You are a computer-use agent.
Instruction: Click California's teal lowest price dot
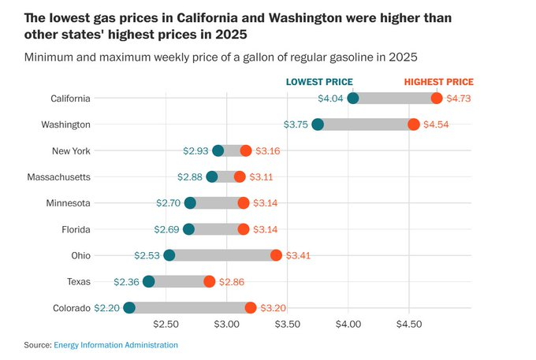(353, 98)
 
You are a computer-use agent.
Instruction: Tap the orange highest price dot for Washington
(414, 124)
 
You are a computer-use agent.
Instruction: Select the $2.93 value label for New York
(195, 150)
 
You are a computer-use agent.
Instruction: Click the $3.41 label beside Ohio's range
(299, 256)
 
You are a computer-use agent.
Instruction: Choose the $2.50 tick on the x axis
(166, 324)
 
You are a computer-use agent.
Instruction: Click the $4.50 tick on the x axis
(408, 324)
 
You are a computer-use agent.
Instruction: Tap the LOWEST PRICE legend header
(318, 82)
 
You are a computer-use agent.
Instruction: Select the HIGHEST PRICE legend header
(438, 82)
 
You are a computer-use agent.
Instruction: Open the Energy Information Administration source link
(116, 345)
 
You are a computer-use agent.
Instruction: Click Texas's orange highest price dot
(209, 282)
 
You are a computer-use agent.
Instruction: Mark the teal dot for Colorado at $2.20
(129, 308)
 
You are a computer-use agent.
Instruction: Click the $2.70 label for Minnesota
(169, 203)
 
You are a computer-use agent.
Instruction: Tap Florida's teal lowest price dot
(188, 229)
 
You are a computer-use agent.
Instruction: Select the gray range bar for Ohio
(222, 256)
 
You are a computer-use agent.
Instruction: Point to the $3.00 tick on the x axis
(226, 324)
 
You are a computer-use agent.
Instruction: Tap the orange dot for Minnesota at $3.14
(243, 203)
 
